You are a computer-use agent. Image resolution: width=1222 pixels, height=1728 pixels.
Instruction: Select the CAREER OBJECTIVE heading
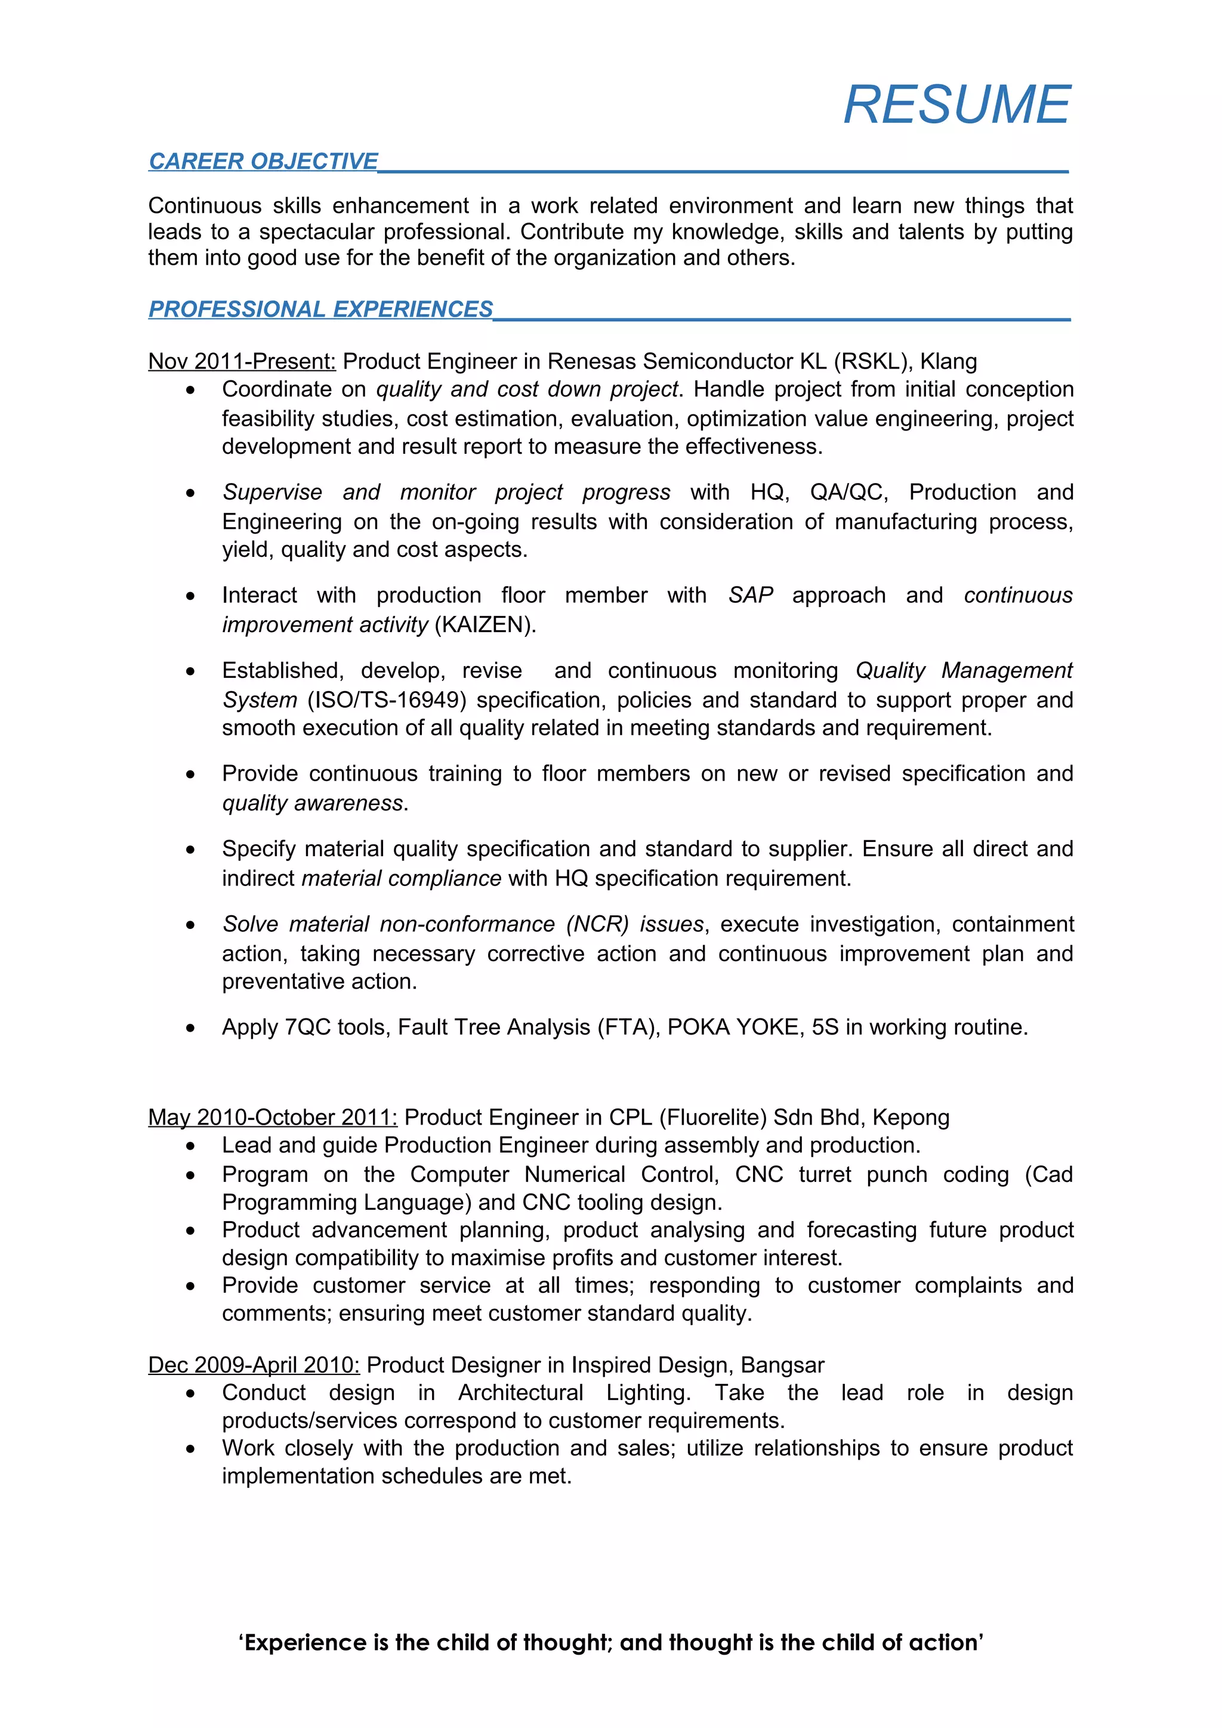(x=263, y=161)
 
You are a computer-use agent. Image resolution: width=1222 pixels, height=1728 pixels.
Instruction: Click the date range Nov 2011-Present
(x=242, y=361)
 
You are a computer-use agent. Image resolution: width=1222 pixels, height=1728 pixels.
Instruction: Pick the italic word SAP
(x=751, y=595)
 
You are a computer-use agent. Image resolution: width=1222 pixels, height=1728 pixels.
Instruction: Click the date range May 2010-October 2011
(x=273, y=1117)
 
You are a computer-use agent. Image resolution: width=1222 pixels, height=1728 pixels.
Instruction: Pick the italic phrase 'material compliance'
(x=402, y=878)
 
